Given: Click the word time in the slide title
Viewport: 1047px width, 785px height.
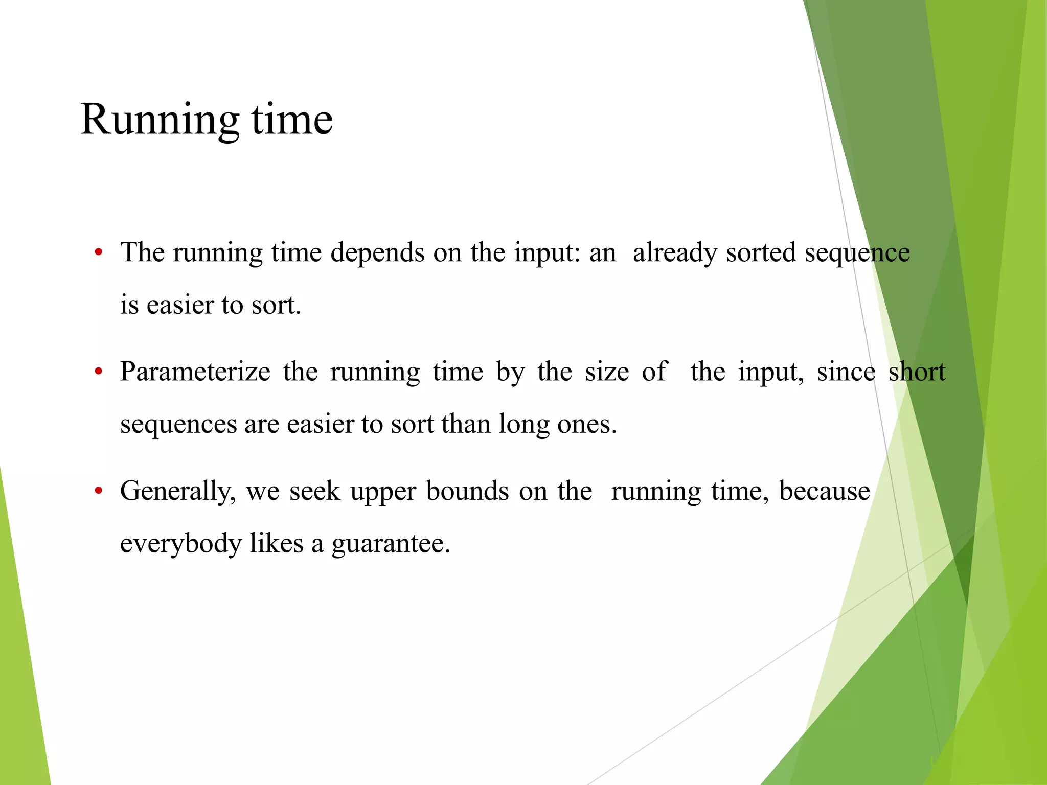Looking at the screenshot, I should pos(292,120).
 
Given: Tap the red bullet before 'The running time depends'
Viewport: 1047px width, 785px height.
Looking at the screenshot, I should pos(99,252).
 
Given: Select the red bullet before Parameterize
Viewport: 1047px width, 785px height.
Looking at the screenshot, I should pos(99,372).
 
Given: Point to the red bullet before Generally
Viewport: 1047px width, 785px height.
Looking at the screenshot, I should pos(99,491).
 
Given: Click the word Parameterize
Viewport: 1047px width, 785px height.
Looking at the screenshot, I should pos(195,372).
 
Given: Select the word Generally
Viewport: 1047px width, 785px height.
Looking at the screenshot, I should pos(178,491).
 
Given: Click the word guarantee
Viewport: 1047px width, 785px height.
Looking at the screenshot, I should pos(391,544).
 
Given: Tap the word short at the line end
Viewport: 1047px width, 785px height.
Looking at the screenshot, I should pos(917,372).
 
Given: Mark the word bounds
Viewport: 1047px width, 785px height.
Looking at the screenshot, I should pos(467,491).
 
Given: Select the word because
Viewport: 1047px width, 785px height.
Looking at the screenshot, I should pos(824,491).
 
